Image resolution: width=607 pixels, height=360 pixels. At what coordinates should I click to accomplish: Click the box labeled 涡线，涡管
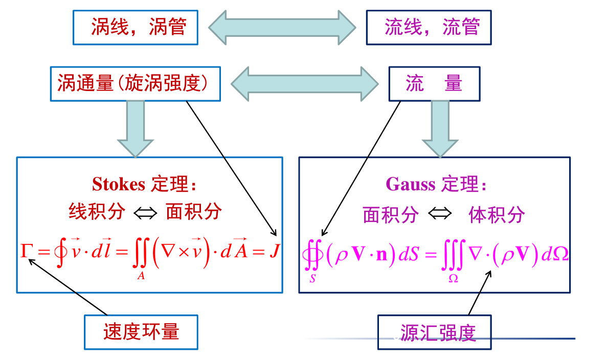tap(135, 27)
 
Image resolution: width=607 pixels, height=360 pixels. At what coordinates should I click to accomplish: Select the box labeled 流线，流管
tap(429, 27)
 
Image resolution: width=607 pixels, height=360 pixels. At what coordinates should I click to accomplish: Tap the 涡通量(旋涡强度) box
tap(135, 83)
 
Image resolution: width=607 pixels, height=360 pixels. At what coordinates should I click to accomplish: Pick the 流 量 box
tap(434, 83)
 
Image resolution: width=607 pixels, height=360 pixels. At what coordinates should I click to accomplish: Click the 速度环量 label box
tap(141, 332)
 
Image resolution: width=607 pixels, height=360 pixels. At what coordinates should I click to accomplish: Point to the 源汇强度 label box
tap(434, 332)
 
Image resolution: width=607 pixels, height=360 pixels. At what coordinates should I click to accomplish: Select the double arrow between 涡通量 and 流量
tap(304, 83)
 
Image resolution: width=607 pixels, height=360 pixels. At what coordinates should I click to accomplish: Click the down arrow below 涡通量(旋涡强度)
tap(135, 128)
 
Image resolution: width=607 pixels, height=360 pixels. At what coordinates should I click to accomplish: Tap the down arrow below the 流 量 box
tap(440, 128)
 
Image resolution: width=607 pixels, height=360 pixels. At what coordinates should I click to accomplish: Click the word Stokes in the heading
tap(119, 184)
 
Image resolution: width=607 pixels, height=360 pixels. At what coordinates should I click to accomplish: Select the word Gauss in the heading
tap(410, 184)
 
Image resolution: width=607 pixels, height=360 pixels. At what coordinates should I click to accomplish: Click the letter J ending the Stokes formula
tap(274, 252)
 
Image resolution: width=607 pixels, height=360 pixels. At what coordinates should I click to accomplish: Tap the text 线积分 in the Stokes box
tap(97, 212)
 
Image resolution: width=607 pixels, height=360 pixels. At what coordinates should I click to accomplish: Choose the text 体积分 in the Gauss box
tap(496, 215)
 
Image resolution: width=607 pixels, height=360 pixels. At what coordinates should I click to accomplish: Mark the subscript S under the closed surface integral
tap(312, 279)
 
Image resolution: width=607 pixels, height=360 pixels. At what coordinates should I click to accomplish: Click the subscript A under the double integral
tap(141, 277)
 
